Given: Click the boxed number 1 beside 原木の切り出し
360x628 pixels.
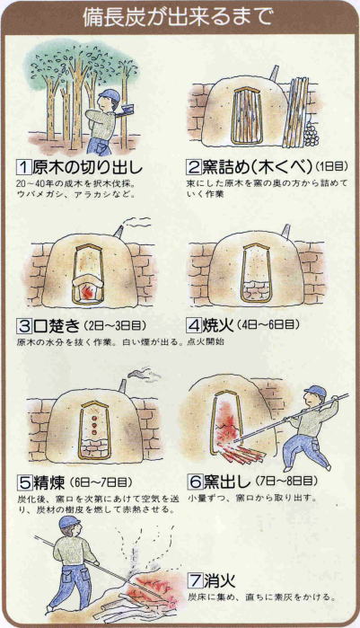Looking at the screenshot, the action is tap(24, 167).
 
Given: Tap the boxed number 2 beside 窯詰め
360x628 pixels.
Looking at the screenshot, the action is tap(194, 167).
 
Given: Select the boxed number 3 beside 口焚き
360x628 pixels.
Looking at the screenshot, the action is tap(24, 326).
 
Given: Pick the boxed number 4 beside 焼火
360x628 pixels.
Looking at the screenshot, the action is tap(195, 325).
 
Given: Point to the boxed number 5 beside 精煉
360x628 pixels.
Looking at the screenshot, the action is tap(24, 482).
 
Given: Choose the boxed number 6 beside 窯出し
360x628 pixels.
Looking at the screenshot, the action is tap(196, 482).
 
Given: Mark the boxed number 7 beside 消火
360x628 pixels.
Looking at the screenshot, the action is tap(196, 580).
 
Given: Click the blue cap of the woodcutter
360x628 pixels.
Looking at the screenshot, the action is tap(110, 95).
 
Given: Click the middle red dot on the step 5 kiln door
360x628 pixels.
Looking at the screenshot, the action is tap(95, 425).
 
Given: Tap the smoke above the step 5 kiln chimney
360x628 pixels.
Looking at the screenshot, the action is tap(144, 374).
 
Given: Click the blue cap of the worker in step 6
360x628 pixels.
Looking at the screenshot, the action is tap(315, 391).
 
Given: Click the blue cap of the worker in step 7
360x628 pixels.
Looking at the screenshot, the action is tap(69, 522).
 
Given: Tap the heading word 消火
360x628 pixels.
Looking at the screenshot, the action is tap(220, 580).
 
